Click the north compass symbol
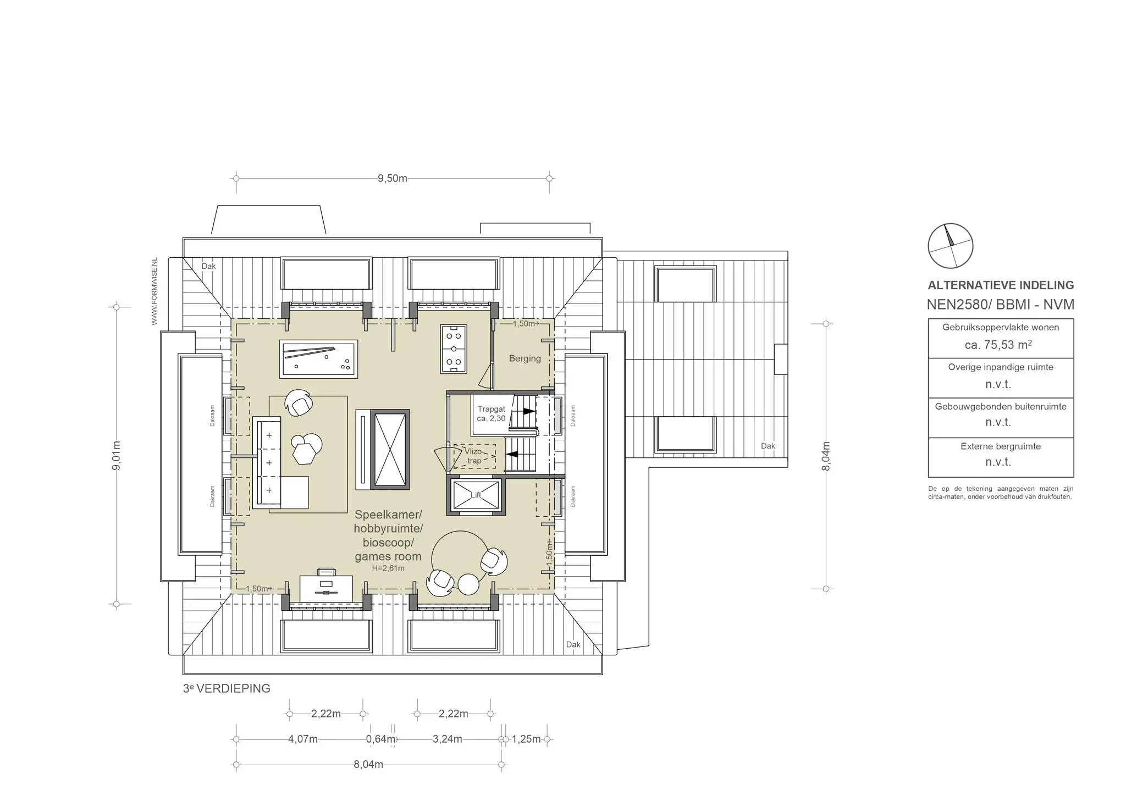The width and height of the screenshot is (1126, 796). (x=950, y=246)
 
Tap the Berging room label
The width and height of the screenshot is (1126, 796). (x=525, y=358)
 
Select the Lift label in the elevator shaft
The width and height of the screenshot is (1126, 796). (x=476, y=495)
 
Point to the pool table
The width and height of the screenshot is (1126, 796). (x=318, y=358)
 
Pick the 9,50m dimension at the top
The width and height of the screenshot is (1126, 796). (x=393, y=179)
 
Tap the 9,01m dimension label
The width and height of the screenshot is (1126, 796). (x=117, y=455)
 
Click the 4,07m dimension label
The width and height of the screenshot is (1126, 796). (x=303, y=739)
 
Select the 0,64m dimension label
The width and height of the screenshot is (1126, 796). (x=381, y=739)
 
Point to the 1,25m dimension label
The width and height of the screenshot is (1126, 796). (x=526, y=739)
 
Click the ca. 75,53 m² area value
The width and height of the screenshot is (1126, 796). (x=998, y=345)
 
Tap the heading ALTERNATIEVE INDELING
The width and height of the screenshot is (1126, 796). (x=1001, y=285)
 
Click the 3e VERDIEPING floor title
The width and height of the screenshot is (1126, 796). (x=227, y=688)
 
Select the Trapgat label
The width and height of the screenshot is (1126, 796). (x=491, y=409)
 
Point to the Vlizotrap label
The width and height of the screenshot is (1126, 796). (x=473, y=456)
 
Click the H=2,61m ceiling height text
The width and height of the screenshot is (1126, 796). (x=388, y=568)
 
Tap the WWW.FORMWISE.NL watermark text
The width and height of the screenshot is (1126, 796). (x=154, y=291)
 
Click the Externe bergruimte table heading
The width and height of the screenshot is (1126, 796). (x=1001, y=446)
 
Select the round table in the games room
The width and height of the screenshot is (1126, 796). (x=459, y=558)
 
